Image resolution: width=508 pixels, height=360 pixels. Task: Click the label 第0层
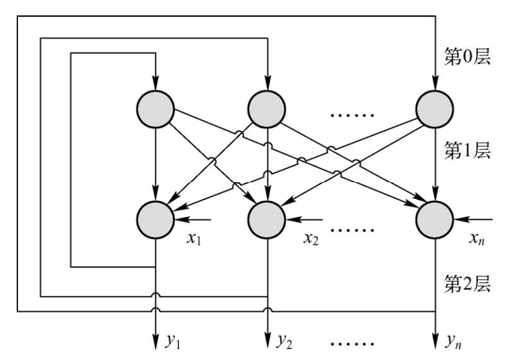click(468, 56)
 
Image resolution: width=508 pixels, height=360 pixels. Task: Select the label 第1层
click(468, 151)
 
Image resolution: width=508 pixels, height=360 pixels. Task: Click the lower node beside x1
click(155, 219)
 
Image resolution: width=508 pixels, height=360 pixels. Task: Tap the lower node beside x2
click(267, 219)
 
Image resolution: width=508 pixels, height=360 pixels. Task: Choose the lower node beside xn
click(436, 219)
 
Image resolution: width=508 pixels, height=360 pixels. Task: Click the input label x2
click(311, 240)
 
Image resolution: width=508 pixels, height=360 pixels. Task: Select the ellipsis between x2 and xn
click(351, 228)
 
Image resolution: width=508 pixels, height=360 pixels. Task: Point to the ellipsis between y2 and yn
click(351, 345)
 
